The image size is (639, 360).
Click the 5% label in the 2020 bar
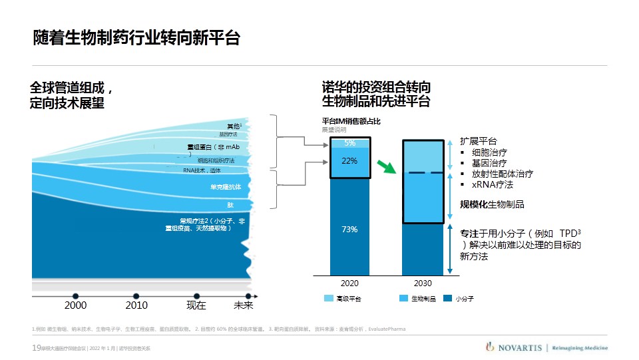tap(350, 143)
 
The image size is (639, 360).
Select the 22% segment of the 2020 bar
tap(350, 160)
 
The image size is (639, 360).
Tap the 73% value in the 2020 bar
tap(350, 230)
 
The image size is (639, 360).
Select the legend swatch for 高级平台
tap(328, 299)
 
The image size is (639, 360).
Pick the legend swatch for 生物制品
tap(403, 299)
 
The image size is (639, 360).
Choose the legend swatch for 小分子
tap(448, 299)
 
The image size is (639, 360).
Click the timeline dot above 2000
tap(75, 295)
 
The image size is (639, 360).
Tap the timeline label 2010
tap(136, 306)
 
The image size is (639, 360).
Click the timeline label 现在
tap(196, 306)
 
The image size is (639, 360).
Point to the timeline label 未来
tap(244, 306)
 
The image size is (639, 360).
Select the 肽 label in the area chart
tap(230, 205)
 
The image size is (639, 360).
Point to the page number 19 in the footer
tap(36, 348)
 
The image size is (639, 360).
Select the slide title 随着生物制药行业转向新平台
tap(136, 38)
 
